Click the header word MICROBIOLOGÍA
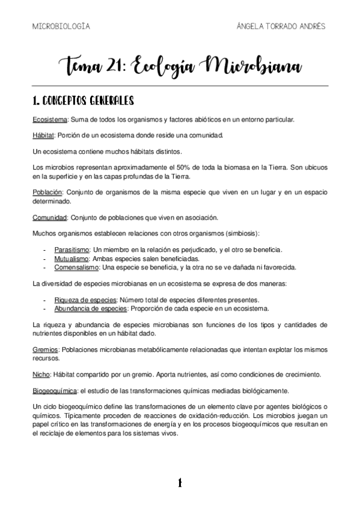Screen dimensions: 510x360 click(61, 26)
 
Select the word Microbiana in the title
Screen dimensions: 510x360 click(253, 66)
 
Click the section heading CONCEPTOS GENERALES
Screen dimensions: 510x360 click(88, 100)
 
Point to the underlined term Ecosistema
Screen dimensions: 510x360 click(50, 118)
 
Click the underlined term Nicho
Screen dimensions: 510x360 click(41, 373)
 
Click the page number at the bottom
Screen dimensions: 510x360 click(179, 482)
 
